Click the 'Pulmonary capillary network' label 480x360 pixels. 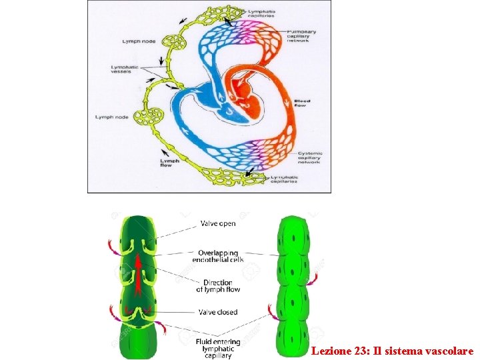pos(301,35)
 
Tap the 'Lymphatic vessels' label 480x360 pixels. pos(125,69)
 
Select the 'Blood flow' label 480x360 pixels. pos(302,103)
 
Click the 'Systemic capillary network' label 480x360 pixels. pos(309,157)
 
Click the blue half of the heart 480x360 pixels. pos(223,107)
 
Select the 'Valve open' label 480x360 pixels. pos(218,224)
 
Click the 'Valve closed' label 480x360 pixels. pos(218,311)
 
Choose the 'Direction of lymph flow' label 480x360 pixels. pos(218,286)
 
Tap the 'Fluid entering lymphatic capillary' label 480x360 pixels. pos(218,349)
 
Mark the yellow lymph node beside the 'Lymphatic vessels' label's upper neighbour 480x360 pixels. pos(177,41)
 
